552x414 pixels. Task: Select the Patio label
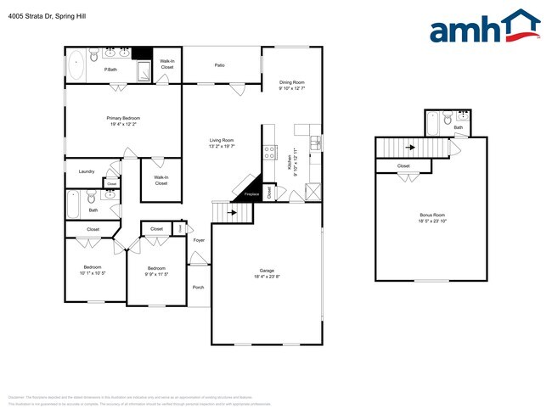[219, 65]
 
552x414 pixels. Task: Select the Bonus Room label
[431, 215]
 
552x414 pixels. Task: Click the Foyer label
[199, 240]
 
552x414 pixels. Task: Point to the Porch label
[198, 287]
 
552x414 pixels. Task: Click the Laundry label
[87, 171]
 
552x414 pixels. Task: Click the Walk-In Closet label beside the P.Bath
[167, 64]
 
